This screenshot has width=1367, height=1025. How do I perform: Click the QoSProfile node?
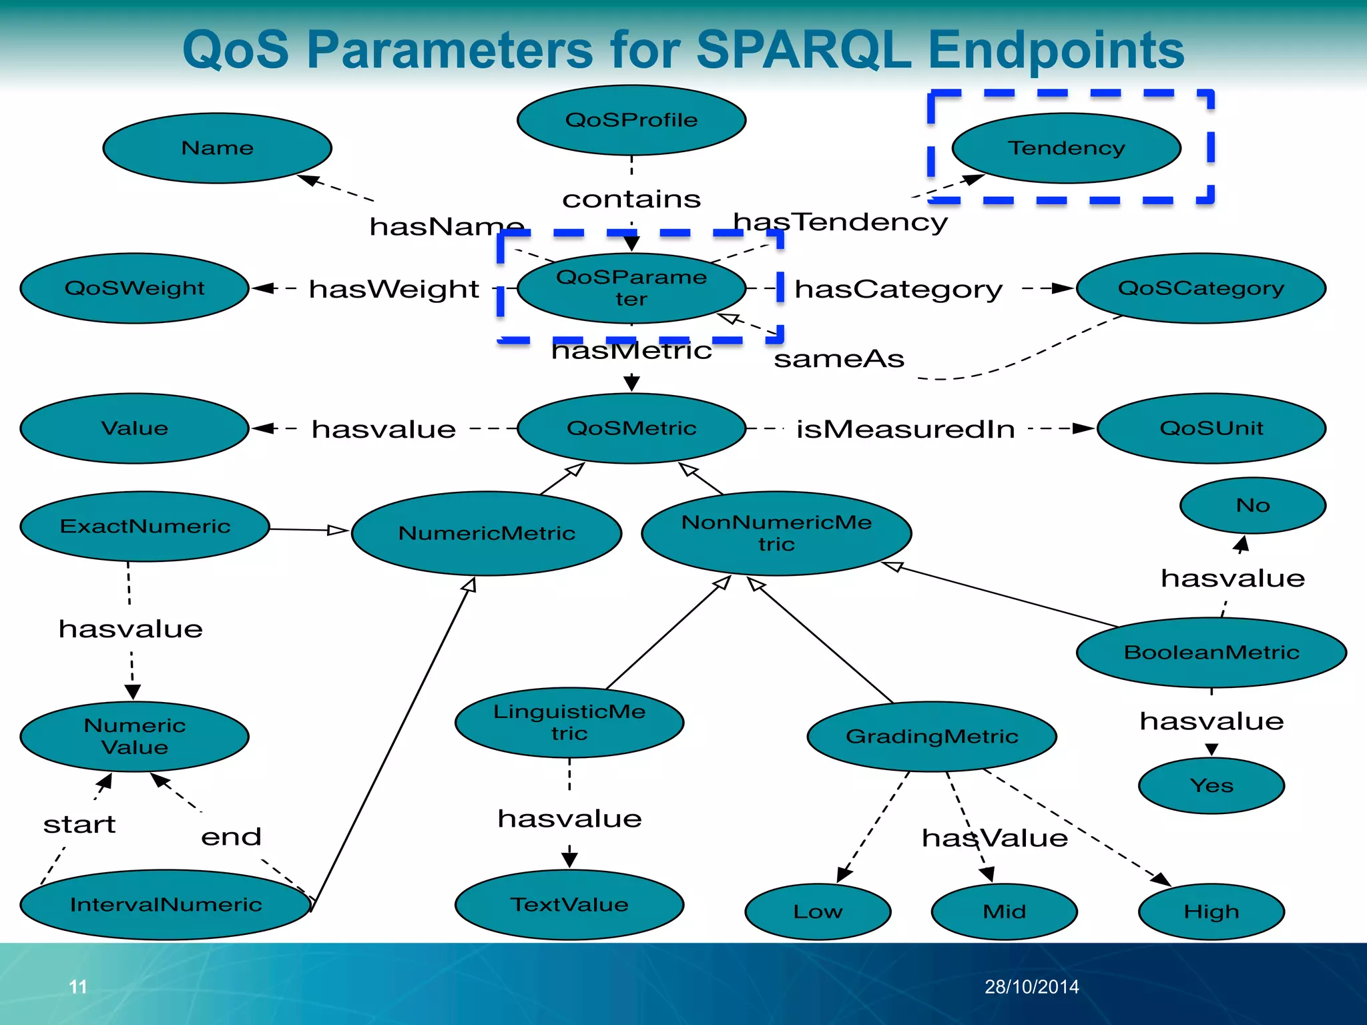[x=631, y=120]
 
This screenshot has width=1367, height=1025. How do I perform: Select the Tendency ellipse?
[x=1066, y=147]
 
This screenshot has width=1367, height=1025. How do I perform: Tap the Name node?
[x=218, y=147]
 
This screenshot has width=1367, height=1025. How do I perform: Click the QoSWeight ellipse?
[x=134, y=288]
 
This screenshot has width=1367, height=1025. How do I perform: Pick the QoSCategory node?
[x=1201, y=288]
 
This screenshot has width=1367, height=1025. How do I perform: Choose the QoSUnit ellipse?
[x=1211, y=428]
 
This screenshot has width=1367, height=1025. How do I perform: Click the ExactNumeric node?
[x=145, y=527]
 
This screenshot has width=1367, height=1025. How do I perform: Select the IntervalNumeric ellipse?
[x=166, y=904]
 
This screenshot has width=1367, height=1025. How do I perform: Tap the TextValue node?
[x=569, y=904]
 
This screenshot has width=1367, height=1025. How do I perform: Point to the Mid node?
[x=1004, y=912]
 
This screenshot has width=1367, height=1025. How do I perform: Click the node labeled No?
[x=1253, y=505]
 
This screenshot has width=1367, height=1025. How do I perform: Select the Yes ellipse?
[x=1211, y=785]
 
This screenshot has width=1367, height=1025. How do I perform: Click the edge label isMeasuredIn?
[x=906, y=429]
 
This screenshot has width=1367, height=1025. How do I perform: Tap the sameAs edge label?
[x=839, y=359]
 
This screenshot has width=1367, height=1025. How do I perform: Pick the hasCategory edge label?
[x=898, y=289]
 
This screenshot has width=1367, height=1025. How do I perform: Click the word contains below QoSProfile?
[x=631, y=199]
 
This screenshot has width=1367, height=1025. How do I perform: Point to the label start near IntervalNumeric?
[x=79, y=825]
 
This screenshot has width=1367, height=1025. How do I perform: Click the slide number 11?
[x=78, y=987]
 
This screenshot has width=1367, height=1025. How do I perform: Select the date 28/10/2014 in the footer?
[x=1032, y=987]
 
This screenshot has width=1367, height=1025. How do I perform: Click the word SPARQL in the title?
[x=804, y=50]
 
